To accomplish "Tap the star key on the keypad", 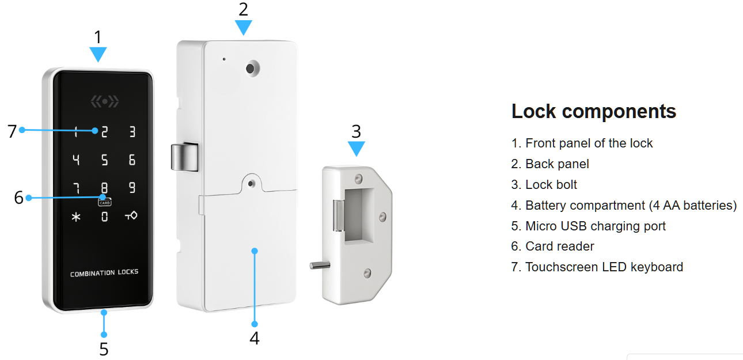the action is (x=76, y=217).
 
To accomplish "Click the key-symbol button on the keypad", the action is (x=131, y=216).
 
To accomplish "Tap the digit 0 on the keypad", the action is (x=104, y=217).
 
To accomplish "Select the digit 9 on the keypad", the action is (x=132, y=187).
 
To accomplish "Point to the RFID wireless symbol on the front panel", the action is (x=105, y=101).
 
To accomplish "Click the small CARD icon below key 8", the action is (x=105, y=202).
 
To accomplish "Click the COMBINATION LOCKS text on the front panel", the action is (x=104, y=273).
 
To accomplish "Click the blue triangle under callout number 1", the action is (x=98, y=54).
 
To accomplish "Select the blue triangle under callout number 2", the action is (x=244, y=28).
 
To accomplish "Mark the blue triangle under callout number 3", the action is (x=357, y=149).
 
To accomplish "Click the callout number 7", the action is (x=12, y=131).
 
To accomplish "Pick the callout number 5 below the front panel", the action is (x=104, y=349).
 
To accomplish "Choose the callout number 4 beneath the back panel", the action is (x=255, y=338).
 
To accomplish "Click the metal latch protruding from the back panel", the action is (x=184, y=157).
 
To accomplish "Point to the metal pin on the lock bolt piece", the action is (x=320, y=265).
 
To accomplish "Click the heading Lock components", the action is (x=594, y=111).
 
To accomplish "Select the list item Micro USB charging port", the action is (x=589, y=226).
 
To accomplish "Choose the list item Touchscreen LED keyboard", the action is (x=597, y=267).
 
